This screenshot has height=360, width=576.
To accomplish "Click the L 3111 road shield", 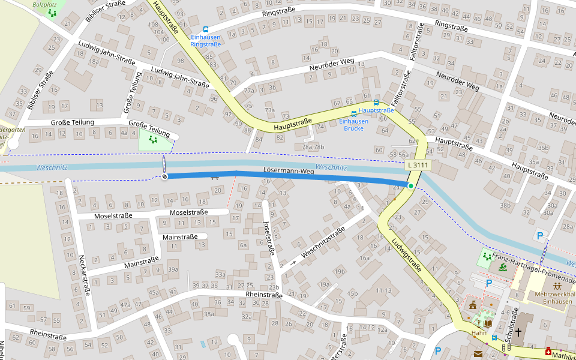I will pyautogui.click(x=418, y=165).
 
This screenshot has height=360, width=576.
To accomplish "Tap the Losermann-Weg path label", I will pyautogui.click(x=289, y=172).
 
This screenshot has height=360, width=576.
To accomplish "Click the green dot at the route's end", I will pyautogui.click(x=411, y=186).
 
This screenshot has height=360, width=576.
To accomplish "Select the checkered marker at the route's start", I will pyautogui.click(x=164, y=176).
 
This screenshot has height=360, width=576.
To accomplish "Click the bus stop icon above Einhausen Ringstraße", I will pyautogui.click(x=206, y=28).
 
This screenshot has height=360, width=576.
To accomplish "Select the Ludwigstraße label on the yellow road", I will pyautogui.click(x=406, y=256).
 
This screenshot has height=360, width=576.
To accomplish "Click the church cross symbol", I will pyautogui.click(x=518, y=331).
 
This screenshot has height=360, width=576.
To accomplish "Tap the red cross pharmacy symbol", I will pyautogui.click(x=548, y=352).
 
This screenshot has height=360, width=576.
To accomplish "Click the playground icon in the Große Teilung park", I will pyautogui.click(x=153, y=140).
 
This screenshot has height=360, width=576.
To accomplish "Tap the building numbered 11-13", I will pyautogui.click(x=383, y=290).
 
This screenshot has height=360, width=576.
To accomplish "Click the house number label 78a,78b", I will pyautogui.click(x=313, y=146).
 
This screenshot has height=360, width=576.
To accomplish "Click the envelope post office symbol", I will pyautogui.click(x=478, y=354).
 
